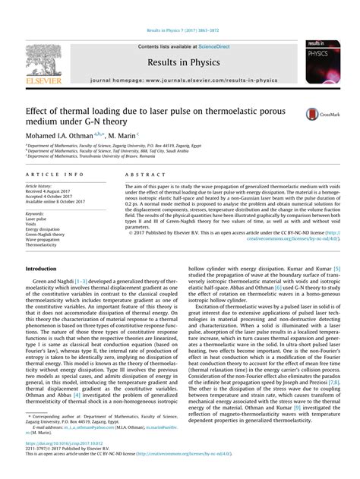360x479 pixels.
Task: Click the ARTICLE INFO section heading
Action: (x=49, y=175)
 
